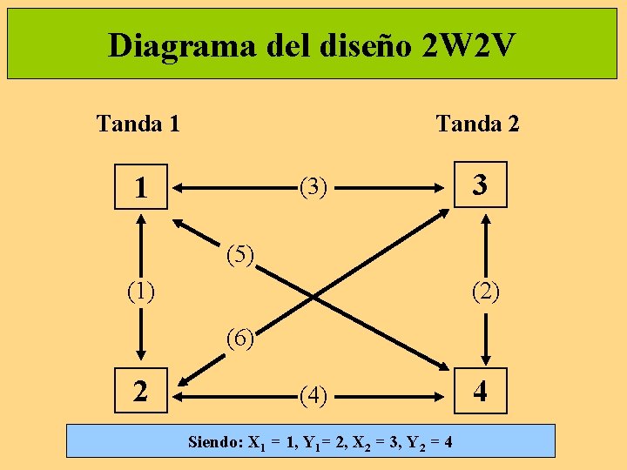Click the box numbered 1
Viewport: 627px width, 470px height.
point(139,187)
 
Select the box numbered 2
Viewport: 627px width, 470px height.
point(140,393)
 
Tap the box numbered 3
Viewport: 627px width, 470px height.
point(480,185)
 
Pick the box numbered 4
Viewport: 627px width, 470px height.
point(480,393)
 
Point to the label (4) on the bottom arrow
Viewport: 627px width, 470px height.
point(313,397)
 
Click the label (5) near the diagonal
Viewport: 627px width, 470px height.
point(239,256)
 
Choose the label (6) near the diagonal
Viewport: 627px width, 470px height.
point(239,336)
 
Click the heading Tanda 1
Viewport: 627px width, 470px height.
point(138,124)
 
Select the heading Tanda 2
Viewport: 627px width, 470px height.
point(477,124)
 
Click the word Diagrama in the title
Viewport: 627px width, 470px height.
point(178,45)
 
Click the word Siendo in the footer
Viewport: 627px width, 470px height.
point(216,442)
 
